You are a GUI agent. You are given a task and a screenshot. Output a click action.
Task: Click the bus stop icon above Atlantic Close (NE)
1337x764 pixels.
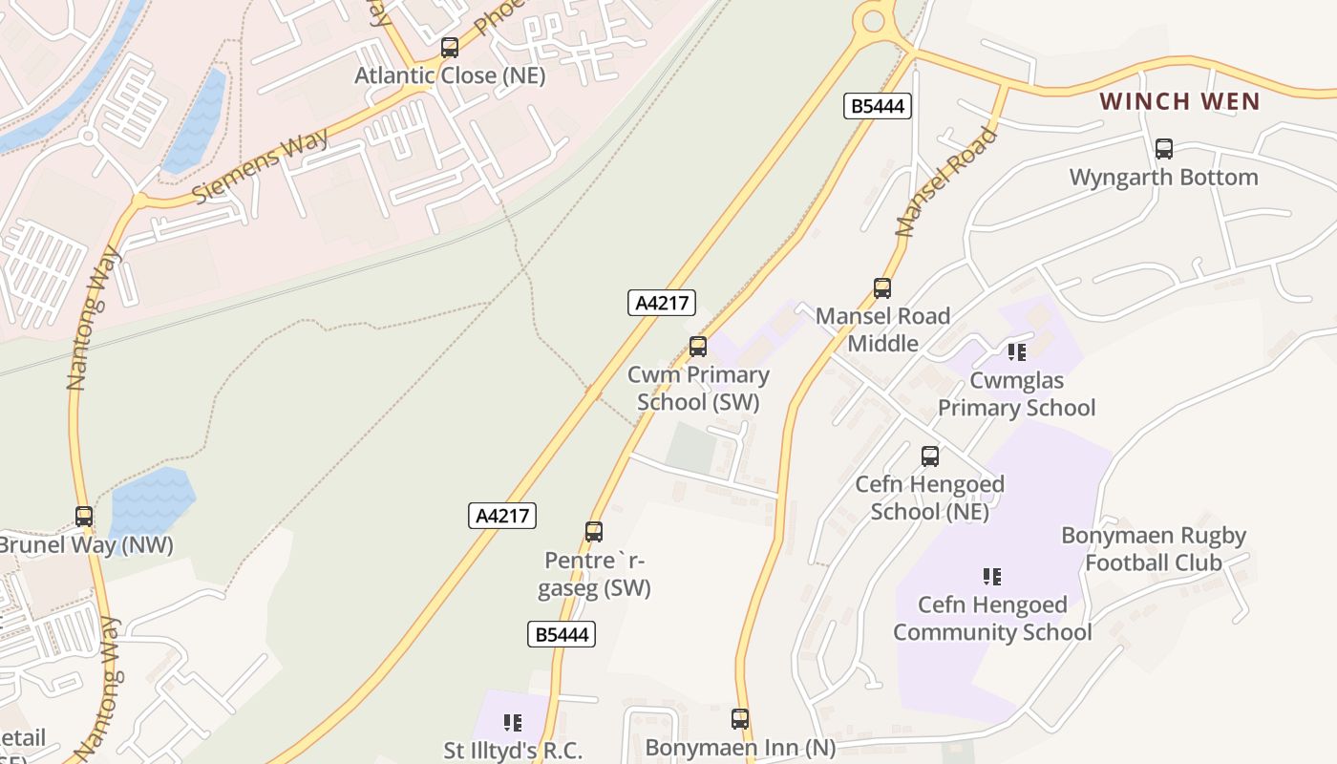pos(449,47)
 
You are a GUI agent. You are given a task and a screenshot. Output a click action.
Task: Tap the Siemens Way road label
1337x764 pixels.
pos(260,164)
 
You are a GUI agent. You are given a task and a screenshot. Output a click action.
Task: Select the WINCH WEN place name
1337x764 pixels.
pos(1179,101)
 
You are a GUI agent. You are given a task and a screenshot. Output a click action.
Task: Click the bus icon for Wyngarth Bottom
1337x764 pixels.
pos(1163,148)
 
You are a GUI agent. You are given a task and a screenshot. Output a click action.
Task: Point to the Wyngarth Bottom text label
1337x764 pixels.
pos(1163,178)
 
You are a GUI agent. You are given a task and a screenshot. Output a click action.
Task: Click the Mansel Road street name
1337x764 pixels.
pos(946,181)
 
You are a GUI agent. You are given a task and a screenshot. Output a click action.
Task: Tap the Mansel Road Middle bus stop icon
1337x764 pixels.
pos(881,287)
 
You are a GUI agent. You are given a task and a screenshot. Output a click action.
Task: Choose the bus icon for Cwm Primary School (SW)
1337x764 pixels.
pos(698,347)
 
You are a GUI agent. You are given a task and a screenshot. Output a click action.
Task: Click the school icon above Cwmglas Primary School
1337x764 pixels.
pos(1016,352)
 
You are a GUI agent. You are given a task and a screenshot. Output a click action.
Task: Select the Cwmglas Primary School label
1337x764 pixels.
pos(1016,394)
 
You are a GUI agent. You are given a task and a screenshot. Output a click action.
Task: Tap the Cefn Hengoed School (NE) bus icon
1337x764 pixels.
pos(929,456)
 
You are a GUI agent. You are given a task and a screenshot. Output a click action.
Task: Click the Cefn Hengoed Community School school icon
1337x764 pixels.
pos(991,577)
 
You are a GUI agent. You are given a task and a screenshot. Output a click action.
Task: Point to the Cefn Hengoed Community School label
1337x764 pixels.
pos(992,619)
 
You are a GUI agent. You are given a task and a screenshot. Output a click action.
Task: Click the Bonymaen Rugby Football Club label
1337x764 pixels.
pos(1154,549)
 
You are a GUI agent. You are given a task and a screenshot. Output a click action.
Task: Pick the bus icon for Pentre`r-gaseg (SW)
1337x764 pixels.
pos(594,532)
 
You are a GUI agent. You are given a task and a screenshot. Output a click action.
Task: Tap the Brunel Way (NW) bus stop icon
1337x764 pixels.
pos(84,517)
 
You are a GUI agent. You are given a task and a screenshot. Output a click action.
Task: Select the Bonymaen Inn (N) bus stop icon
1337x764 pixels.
pos(739,719)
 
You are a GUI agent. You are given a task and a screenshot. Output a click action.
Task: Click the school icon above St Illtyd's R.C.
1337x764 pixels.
pos(513,723)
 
